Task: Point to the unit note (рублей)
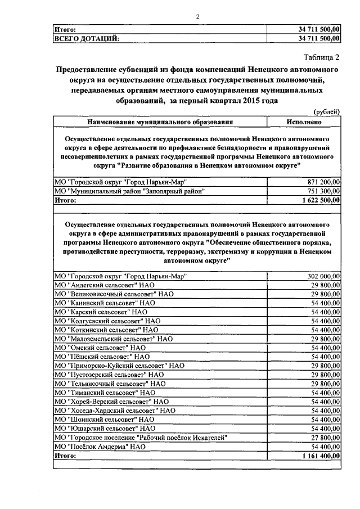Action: point(327,112)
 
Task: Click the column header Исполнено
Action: point(304,121)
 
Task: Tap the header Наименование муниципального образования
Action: point(160,121)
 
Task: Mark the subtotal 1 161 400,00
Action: point(321,456)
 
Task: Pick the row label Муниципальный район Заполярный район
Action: point(129,191)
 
